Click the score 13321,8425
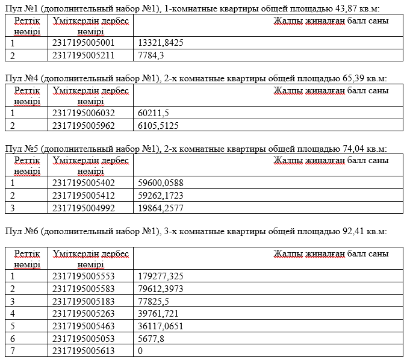point(161,43)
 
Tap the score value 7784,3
point(151,55)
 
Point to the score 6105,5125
point(158,125)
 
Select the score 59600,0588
point(161,183)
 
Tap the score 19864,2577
point(161,207)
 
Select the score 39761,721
point(158,313)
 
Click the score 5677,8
point(151,338)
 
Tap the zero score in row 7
point(141,350)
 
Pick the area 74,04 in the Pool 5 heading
point(340,148)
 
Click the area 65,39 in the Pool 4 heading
point(340,78)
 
